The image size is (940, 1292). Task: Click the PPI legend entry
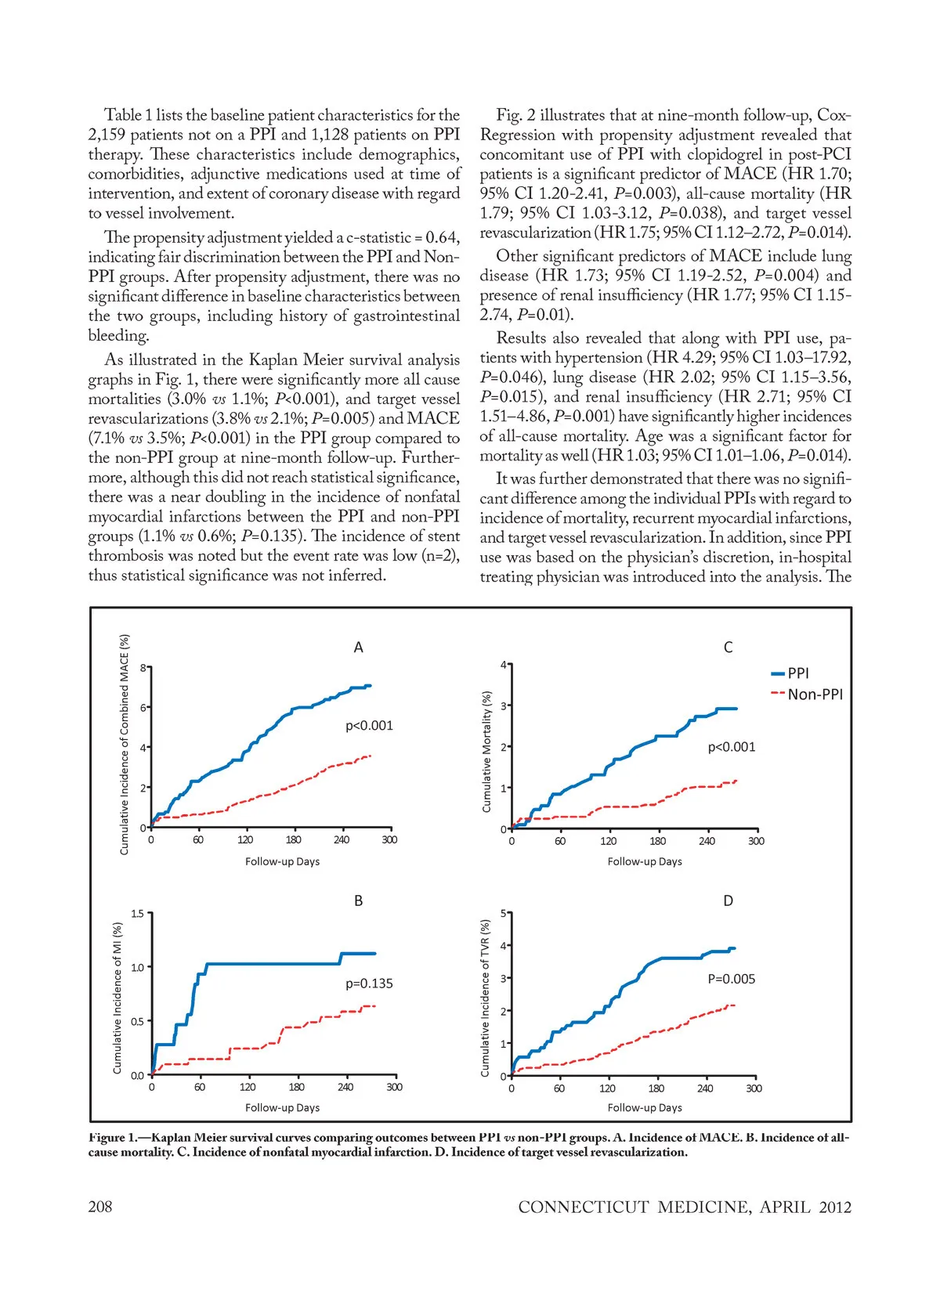(797, 673)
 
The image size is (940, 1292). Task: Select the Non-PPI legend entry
(815, 695)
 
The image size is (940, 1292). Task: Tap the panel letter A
(359, 648)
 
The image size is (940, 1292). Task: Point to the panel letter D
(728, 901)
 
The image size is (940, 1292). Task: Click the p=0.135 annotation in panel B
(369, 983)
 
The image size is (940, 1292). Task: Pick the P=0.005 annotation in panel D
(732, 979)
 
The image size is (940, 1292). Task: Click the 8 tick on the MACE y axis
(143, 668)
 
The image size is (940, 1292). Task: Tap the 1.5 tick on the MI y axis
(138, 913)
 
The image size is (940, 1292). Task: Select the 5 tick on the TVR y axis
(504, 913)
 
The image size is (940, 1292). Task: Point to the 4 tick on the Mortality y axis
(504, 665)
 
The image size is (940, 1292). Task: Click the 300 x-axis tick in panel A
(389, 840)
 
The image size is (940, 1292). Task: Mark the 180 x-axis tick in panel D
(656, 1088)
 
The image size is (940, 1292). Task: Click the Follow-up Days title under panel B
(282, 1108)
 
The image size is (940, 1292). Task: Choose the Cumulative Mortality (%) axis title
(486, 751)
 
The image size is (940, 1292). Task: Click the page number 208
(100, 1207)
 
